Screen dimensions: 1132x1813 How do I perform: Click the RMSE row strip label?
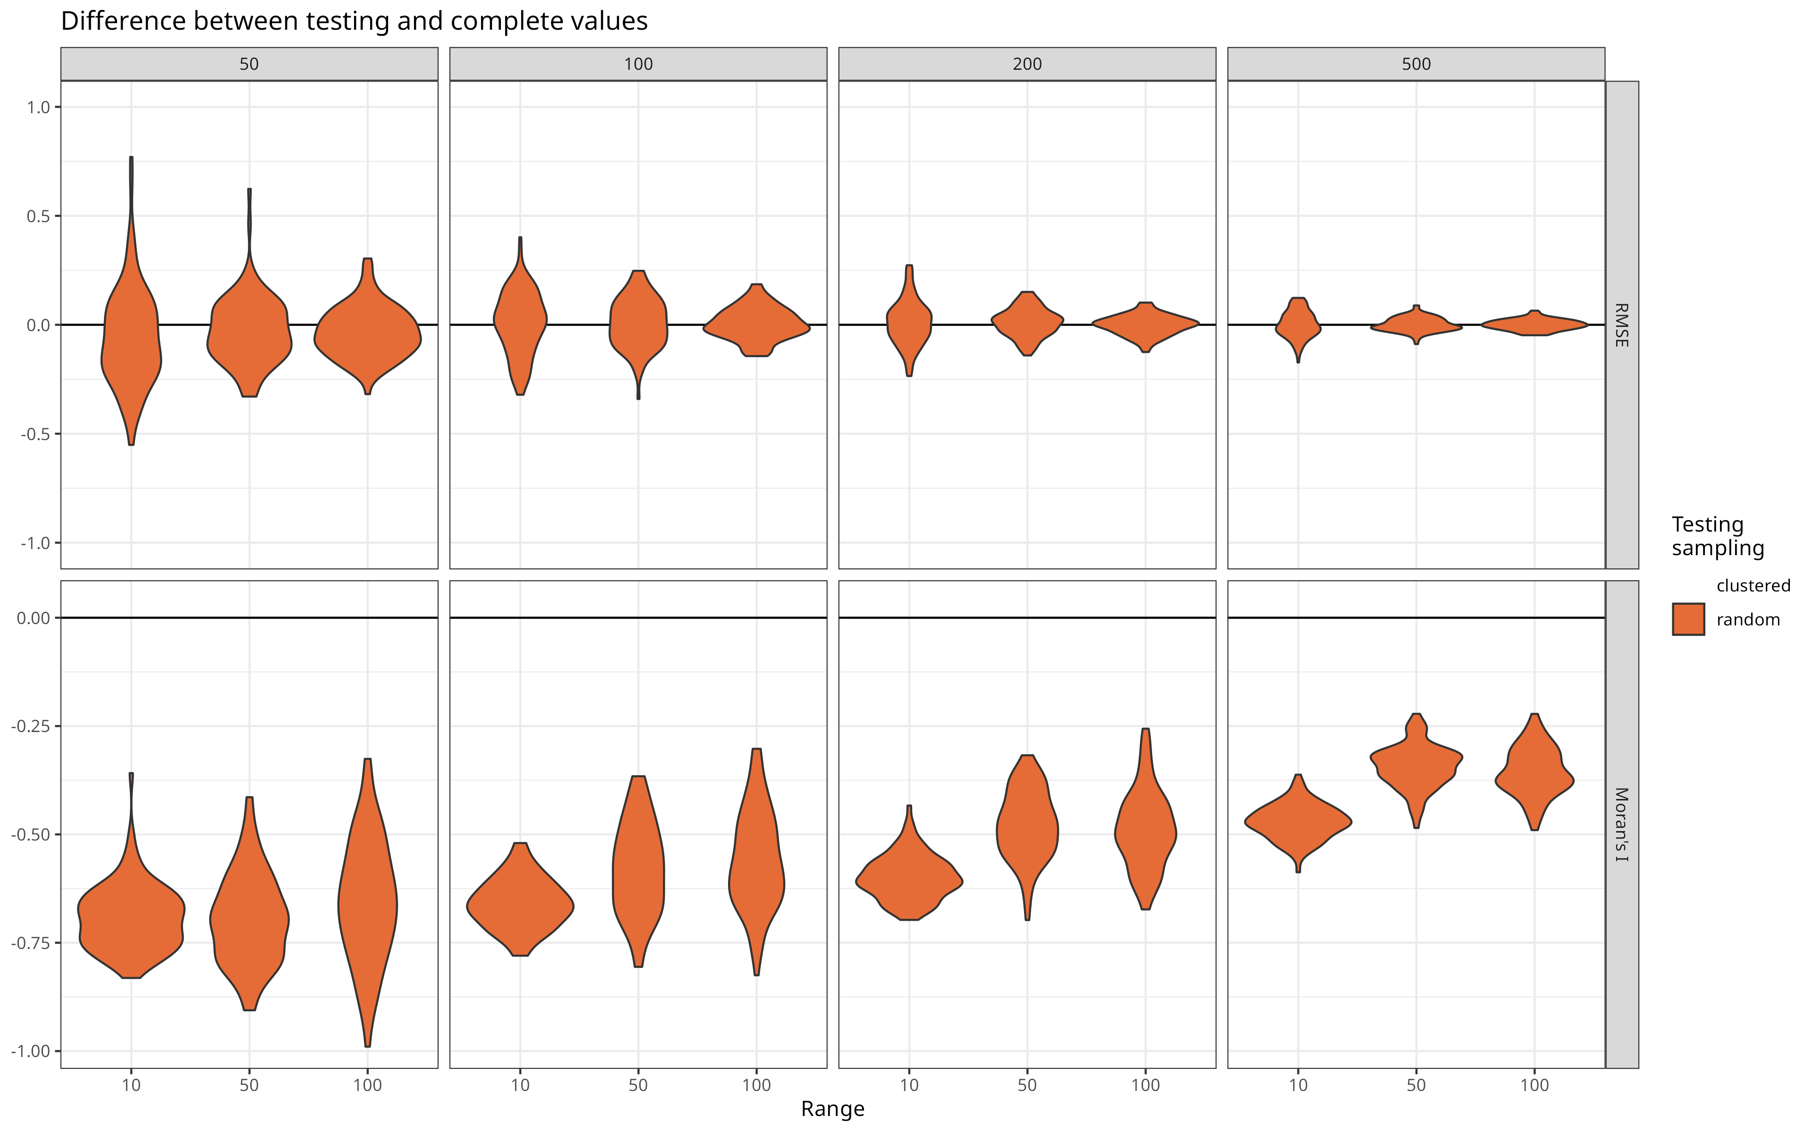(1621, 325)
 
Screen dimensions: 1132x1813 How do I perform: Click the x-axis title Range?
(832, 1109)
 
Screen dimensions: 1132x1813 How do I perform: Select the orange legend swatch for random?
(1688, 619)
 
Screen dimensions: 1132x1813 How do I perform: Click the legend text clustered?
(1753, 585)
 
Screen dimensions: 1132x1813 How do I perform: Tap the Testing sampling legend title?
(1717, 536)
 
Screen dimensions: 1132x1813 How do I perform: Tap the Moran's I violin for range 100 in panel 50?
(367, 899)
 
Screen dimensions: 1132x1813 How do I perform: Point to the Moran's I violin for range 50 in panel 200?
(1027, 831)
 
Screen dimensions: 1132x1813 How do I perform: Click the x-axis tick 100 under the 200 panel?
(1145, 1085)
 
